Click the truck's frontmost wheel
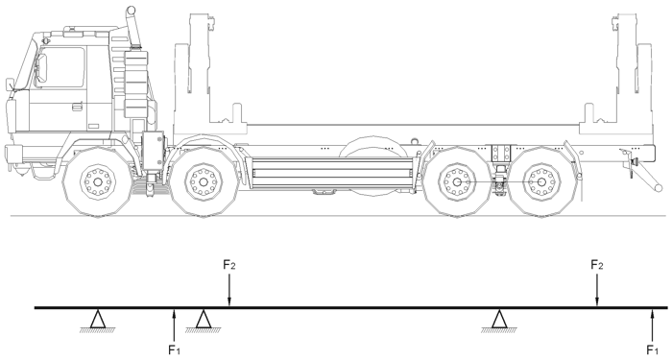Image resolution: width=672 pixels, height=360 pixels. point(98,182)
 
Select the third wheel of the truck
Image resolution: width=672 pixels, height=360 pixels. point(457,182)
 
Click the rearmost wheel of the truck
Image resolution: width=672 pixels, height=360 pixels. point(541,182)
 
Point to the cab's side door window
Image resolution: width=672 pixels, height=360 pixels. point(60,67)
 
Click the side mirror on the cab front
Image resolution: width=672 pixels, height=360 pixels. point(10,84)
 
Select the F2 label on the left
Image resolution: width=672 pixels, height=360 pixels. point(229,265)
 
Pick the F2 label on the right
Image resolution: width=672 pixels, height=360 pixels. point(596,265)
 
